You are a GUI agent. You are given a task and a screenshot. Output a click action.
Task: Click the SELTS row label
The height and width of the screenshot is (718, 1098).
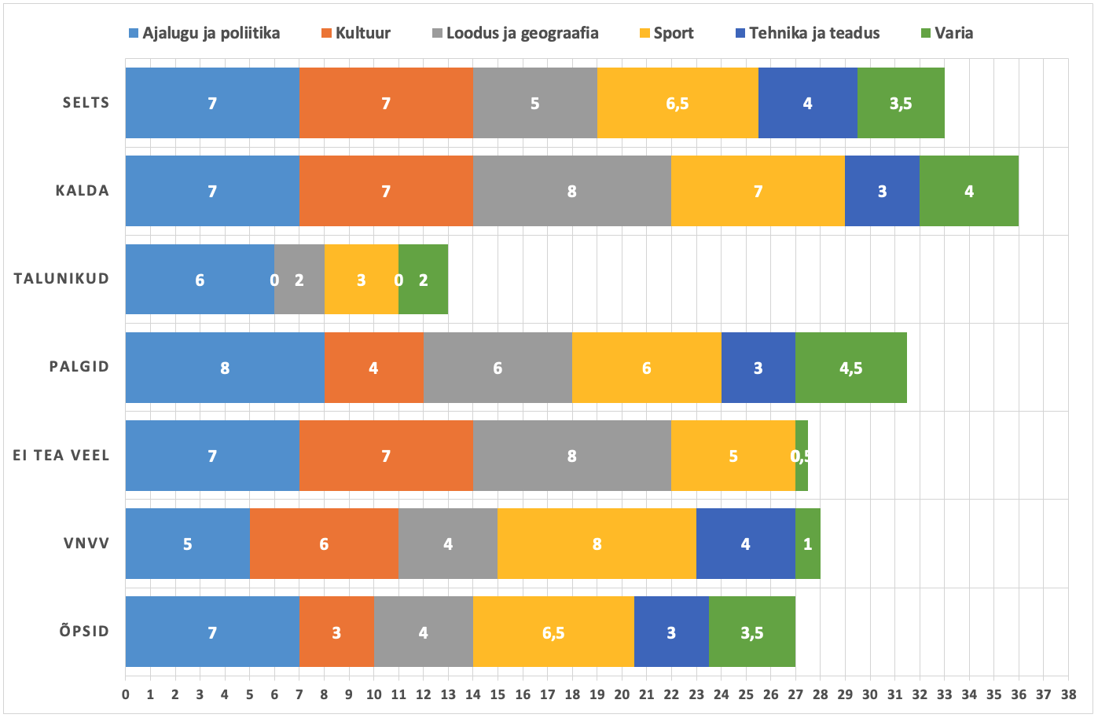pos(86,103)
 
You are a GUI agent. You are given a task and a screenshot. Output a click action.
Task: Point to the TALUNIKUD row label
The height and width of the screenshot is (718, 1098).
pos(61,279)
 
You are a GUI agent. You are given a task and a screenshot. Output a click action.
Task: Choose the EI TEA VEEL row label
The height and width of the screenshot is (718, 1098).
pos(61,456)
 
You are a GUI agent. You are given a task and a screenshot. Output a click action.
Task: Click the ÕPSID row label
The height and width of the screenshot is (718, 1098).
pos(84,632)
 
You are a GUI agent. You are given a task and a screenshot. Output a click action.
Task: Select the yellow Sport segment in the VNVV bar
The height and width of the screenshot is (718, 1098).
pos(597,544)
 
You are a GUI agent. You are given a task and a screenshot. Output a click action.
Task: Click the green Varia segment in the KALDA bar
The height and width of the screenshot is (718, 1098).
pos(968,191)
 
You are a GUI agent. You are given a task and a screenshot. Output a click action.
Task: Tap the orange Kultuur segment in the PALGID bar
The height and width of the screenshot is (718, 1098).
pos(373,368)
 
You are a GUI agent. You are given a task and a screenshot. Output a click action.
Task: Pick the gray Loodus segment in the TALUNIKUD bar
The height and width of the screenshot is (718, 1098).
pos(299,280)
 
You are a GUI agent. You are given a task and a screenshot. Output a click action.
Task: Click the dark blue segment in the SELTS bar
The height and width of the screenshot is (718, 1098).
pos(807,103)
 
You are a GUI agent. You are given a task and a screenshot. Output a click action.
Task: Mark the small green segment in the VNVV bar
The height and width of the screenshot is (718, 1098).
pos(807,544)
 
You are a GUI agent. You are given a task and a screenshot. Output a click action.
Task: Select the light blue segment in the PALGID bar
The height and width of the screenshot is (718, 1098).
pos(225,368)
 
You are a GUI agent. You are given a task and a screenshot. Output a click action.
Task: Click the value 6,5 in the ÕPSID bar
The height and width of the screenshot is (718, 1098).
pos(553,632)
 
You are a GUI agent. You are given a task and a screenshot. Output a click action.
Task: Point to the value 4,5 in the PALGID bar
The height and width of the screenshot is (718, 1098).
pos(850,368)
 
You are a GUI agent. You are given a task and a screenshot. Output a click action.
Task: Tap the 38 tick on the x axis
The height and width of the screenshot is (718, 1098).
pos(1067,694)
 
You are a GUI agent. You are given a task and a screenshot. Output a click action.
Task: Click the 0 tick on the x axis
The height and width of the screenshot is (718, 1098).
pos(126,694)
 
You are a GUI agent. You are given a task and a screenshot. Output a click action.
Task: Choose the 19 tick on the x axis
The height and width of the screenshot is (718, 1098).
pos(597,694)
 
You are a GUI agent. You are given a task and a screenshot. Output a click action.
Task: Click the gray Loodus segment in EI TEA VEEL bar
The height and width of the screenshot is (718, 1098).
pos(571,456)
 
